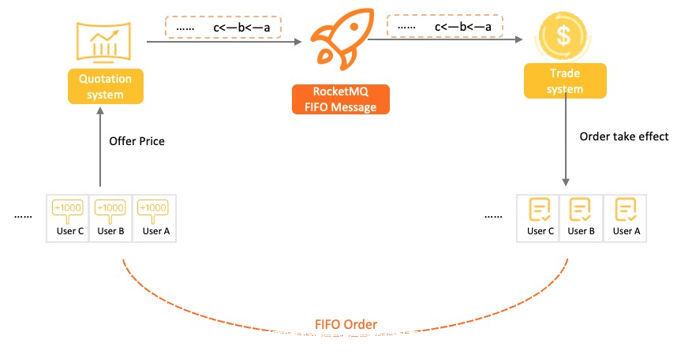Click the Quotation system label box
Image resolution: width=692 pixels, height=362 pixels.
106,87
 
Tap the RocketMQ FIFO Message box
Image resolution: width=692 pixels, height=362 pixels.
341,99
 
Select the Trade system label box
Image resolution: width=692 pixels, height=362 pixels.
565,80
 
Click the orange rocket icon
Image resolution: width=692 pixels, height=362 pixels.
342,39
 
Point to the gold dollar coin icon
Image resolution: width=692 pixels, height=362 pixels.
563,36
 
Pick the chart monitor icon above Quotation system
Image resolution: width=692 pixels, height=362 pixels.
103,42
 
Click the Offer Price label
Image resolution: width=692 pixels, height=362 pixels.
137,141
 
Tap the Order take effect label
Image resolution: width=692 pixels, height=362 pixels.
624,136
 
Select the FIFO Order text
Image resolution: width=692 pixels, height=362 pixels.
346,324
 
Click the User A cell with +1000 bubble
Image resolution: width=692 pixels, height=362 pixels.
155,218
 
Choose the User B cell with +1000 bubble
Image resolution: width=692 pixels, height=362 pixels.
110,218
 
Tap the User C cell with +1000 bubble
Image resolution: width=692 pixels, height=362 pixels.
68,218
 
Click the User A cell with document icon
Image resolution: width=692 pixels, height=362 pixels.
625,218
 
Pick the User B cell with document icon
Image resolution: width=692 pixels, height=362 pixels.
581,218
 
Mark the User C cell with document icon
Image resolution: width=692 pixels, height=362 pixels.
538,218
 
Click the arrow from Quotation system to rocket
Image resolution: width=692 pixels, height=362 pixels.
224,42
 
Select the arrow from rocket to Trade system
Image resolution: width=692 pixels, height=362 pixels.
445,39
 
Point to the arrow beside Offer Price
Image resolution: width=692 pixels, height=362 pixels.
100,147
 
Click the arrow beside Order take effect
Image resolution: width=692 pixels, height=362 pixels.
565,140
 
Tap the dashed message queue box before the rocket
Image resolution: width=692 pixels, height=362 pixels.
223,27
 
